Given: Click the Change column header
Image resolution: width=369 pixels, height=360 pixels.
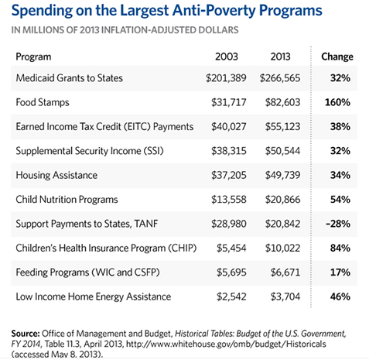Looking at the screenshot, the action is (x=337, y=57).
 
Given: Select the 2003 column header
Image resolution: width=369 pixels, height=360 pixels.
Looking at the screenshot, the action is (x=227, y=57).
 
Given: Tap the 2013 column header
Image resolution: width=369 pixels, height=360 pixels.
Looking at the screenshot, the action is (x=280, y=57).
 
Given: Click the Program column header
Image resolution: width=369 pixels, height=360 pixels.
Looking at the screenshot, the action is (x=33, y=57).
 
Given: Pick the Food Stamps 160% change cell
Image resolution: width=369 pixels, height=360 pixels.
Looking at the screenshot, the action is (x=337, y=102).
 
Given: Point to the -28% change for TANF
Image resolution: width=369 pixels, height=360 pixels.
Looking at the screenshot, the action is (x=338, y=224).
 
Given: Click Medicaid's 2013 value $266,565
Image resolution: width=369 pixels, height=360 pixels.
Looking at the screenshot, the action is (x=280, y=78).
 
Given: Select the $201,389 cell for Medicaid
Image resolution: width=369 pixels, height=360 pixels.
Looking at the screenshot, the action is (x=226, y=78).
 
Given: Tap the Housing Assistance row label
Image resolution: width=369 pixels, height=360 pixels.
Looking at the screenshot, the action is (x=56, y=175).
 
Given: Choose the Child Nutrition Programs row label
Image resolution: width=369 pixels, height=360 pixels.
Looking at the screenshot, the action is (x=67, y=200).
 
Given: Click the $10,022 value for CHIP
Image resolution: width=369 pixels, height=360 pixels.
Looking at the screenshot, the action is (x=283, y=249).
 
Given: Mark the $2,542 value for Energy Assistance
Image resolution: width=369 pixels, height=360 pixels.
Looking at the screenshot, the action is (x=231, y=297).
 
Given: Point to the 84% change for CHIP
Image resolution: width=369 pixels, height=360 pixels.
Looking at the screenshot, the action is (x=340, y=248).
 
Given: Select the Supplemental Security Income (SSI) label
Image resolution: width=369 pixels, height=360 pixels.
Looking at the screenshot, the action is (x=90, y=151).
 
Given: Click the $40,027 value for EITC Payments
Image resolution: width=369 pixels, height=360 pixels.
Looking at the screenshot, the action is (x=229, y=127).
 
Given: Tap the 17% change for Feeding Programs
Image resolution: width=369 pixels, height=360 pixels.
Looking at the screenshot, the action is (x=340, y=273).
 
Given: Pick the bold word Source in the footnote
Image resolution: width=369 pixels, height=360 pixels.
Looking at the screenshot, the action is (x=26, y=334).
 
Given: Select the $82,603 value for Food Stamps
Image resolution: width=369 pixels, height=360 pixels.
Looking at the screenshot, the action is (x=283, y=102).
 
